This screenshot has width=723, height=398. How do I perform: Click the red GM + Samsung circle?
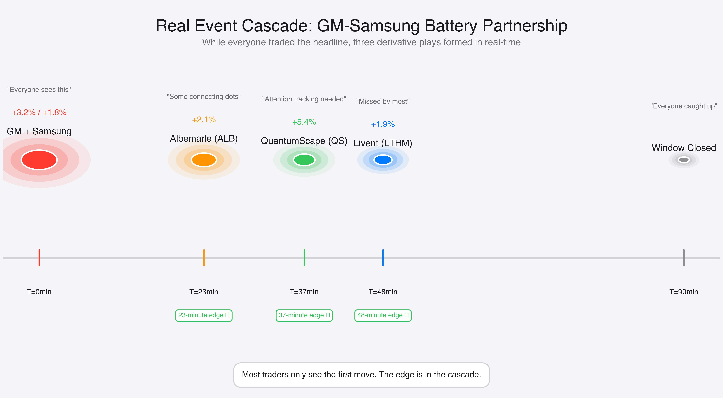tap(39, 160)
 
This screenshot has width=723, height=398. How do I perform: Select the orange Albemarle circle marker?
tap(204, 160)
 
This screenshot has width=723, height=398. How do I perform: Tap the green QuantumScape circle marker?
tap(304, 160)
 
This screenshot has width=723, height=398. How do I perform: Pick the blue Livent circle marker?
tap(383, 160)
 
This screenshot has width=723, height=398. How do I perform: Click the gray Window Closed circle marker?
tap(684, 160)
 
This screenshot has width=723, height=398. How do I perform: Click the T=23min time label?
tap(204, 292)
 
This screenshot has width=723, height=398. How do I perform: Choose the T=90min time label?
tap(684, 292)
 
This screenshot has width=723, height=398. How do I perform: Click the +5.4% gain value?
tap(304, 122)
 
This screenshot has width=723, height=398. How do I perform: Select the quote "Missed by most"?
tap(383, 101)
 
